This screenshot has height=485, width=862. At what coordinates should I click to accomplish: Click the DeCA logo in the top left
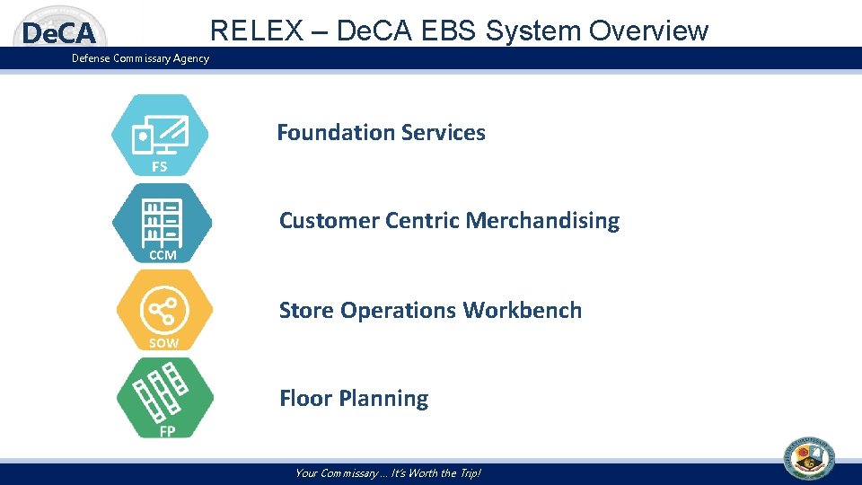tap(58, 34)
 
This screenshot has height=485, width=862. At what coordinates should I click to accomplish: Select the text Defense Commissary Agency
tap(141, 58)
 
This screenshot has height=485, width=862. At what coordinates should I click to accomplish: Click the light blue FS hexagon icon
tap(160, 133)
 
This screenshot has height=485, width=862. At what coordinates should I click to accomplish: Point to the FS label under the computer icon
tap(159, 167)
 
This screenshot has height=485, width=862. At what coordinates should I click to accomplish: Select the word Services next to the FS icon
tap(444, 133)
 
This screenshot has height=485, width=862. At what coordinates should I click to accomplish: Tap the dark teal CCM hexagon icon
tap(163, 220)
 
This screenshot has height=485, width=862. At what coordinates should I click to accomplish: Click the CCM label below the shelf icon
tap(163, 255)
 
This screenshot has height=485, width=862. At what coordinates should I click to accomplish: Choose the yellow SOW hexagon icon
tap(164, 310)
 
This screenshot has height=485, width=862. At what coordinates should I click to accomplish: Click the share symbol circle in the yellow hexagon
tap(163, 312)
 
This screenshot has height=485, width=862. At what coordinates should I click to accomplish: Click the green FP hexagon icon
tap(166, 395)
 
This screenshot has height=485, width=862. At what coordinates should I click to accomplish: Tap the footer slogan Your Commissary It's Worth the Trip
tap(388, 473)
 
